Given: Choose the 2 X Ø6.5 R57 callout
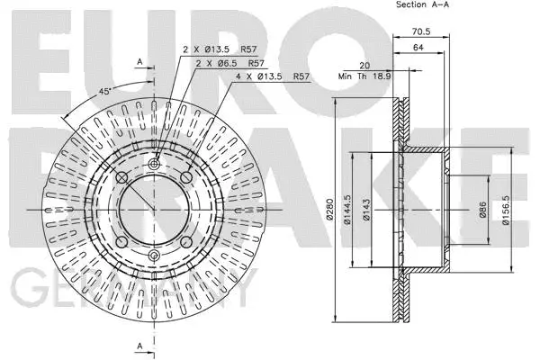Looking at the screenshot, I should pos(229,64).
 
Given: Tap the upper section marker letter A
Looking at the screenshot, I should pos(140,61).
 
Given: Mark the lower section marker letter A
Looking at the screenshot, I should pos(140,346).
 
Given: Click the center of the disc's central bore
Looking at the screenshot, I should pos(154,211).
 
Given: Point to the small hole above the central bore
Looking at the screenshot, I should pos(154,164).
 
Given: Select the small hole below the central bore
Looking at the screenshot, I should pos(154,257).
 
